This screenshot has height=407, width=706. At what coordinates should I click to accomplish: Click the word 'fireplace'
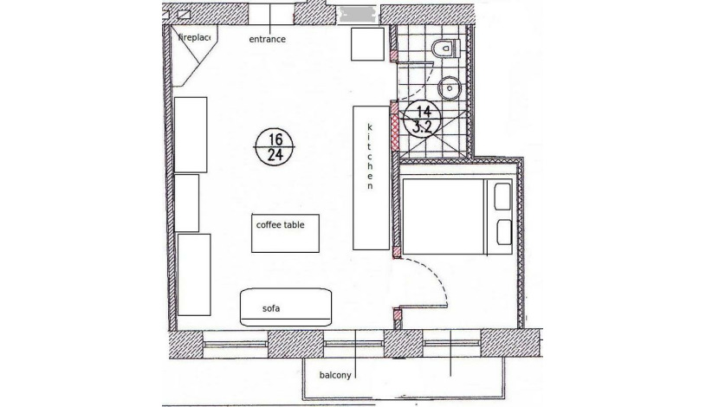pos(194,37)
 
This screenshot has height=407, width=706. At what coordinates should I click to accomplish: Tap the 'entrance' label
pos(267,39)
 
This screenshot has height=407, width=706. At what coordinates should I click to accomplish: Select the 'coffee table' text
pos(280,224)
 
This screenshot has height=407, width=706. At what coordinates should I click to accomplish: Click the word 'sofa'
pos(271,308)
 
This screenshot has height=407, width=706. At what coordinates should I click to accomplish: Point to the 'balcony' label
pos(335,375)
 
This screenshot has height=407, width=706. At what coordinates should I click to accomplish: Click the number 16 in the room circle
pos(275,139)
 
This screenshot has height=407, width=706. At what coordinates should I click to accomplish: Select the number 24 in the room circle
pos(275,155)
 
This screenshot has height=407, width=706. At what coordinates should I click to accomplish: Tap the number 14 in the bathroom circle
pos(424,111)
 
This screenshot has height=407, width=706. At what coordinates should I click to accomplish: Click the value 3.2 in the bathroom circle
pos(423,127)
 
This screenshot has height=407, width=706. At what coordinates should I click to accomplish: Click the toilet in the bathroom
pos(446,48)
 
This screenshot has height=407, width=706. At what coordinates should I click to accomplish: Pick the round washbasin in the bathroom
pos(449,88)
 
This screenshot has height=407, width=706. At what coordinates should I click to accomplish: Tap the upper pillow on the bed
pos(502,197)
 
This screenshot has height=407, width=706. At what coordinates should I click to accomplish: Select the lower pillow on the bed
pos(504,233)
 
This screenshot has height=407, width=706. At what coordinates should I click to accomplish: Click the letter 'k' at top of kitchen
pos(370,127)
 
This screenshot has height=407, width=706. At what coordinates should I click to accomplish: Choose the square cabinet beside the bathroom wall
pos(368,44)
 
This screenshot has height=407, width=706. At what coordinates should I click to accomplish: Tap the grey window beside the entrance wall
pos(358,14)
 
